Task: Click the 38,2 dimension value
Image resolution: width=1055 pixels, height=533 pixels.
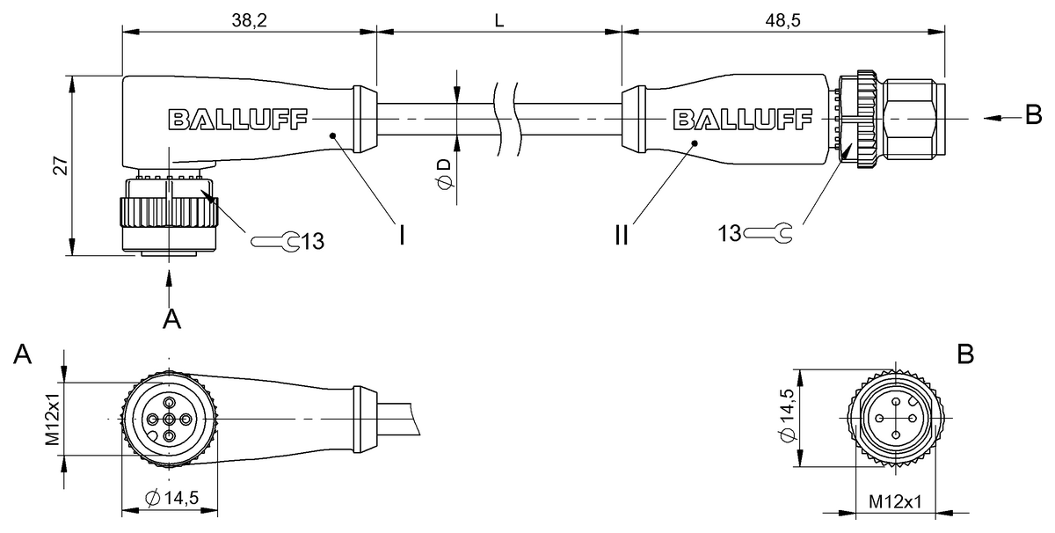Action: point(249,20)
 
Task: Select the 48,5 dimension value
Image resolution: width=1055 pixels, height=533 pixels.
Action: point(782,20)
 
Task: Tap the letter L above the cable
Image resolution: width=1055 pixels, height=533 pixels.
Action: point(499,20)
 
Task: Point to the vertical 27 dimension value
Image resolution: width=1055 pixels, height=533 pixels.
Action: point(61,166)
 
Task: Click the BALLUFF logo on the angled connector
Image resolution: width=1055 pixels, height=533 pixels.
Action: point(238,120)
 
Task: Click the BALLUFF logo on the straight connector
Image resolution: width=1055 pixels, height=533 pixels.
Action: point(743,120)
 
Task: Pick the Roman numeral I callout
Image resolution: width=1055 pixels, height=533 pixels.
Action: point(401,235)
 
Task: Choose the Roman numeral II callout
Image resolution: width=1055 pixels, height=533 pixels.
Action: point(622,235)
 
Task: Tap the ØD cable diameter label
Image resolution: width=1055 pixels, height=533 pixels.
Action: point(445,174)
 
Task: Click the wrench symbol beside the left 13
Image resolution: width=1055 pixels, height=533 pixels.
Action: point(275,242)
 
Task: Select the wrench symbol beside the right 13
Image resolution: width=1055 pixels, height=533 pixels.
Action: point(768,233)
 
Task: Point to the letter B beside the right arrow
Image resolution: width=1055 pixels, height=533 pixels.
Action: point(1033,114)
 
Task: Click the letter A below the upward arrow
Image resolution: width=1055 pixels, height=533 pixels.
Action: point(171,319)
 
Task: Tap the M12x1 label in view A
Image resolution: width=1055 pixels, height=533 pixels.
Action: point(52,419)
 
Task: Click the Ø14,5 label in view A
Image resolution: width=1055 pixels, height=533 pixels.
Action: point(172,498)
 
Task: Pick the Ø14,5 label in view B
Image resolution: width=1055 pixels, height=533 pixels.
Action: point(787,415)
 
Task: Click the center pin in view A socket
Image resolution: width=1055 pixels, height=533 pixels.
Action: point(169,419)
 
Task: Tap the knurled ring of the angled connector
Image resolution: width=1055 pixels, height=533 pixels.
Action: point(169,213)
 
